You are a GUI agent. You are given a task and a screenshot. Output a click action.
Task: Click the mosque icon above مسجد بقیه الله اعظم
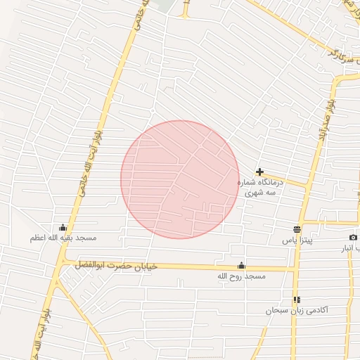pos(63,228)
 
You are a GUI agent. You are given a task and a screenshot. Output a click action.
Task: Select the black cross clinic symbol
pos(259,172)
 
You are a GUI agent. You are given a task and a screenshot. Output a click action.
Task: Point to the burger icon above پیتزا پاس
pos(297,229)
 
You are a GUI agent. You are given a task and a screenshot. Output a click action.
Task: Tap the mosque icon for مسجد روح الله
pos(242,265)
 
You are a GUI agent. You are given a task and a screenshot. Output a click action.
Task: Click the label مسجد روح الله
pos(242,277)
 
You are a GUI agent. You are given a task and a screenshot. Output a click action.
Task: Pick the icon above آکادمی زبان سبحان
pos(297,300)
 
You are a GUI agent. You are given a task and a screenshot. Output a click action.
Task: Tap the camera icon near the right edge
pos(353,237)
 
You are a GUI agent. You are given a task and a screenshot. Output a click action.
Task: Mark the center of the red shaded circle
pos(180,179)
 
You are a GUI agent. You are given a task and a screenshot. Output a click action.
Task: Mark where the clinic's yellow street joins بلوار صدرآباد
pos(307,186)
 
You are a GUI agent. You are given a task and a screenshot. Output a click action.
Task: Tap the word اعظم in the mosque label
pos(37,238)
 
